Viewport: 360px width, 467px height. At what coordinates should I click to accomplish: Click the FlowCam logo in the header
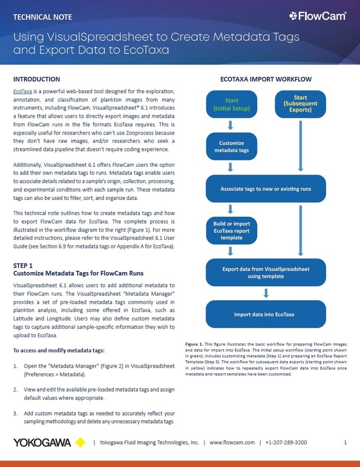pos(317,16)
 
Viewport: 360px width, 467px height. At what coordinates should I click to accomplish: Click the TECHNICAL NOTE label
pos(43,17)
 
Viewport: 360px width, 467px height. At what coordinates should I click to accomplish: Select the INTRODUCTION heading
pos(36,79)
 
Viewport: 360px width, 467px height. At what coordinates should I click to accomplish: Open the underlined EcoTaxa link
pos(23,91)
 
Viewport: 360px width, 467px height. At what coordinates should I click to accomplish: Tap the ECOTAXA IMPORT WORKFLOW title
pos(265,79)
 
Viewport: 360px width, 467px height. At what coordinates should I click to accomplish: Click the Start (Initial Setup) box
pos(231,104)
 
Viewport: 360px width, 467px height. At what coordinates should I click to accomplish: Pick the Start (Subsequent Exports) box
pos(300,104)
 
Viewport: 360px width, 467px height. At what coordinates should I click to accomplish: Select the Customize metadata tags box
pos(231,147)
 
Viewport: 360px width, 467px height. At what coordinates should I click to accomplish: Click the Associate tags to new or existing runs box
pos(265,189)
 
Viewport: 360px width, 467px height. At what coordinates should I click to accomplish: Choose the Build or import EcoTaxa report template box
pos(231,231)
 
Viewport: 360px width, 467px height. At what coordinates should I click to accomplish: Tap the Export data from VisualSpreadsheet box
pos(265,272)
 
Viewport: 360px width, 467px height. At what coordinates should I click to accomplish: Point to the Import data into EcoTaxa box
pos(265,315)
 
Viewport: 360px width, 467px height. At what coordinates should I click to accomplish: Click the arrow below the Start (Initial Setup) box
pos(231,125)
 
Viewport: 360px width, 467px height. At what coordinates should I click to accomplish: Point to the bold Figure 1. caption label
pos(194,344)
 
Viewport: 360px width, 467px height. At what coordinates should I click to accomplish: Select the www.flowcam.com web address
pos(232,442)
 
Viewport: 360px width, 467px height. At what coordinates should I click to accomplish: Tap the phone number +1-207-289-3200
pos(286,442)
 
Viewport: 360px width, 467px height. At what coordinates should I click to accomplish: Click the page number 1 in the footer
pos(345,442)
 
